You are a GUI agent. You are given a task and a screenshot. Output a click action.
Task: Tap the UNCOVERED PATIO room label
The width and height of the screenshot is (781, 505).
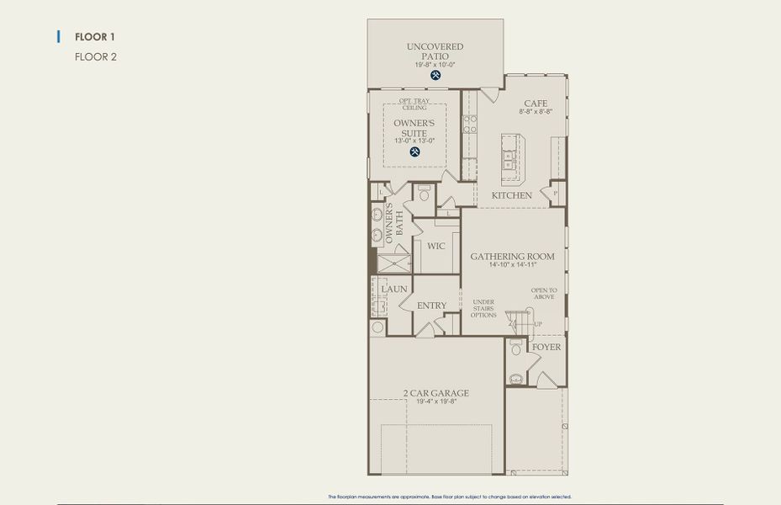click(x=435, y=51)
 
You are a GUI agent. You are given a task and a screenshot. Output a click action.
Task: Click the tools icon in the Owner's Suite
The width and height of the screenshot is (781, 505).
click(x=414, y=152)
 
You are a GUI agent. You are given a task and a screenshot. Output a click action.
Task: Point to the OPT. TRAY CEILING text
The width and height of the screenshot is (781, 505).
click(x=414, y=105)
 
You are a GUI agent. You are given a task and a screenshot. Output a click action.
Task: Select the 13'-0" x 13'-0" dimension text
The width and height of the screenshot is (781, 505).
click(x=414, y=141)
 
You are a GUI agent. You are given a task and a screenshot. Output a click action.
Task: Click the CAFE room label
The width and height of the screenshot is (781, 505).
click(x=536, y=104)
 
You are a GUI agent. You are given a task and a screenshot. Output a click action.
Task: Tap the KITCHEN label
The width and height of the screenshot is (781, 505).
click(x=511, y=195)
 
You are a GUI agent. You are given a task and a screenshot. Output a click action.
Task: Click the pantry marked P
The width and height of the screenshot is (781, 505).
click(x=555, y=193)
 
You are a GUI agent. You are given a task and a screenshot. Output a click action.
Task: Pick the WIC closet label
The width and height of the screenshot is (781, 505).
click(x=435, y=247)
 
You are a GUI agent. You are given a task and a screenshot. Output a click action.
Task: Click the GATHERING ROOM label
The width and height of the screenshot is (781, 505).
click(x=512, y=257)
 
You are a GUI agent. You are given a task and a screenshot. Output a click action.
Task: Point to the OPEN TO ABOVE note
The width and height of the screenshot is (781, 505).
click(x=543, y=294)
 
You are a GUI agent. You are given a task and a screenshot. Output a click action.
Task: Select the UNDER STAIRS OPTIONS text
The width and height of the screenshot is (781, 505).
click(x=483, y=308)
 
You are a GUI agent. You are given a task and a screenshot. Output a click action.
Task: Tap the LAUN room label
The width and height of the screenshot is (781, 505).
click(x=394, y=289)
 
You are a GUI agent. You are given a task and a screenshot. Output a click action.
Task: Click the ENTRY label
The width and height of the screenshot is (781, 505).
click(x=432, y=306)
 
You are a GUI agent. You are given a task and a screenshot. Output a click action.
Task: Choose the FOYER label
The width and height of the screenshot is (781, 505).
click(x=546, y=347)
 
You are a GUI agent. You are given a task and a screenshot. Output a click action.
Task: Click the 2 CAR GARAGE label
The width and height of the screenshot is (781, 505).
click(x=435, y=393)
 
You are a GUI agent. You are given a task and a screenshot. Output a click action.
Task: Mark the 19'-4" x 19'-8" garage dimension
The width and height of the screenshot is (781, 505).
click(x=435, y=402)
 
